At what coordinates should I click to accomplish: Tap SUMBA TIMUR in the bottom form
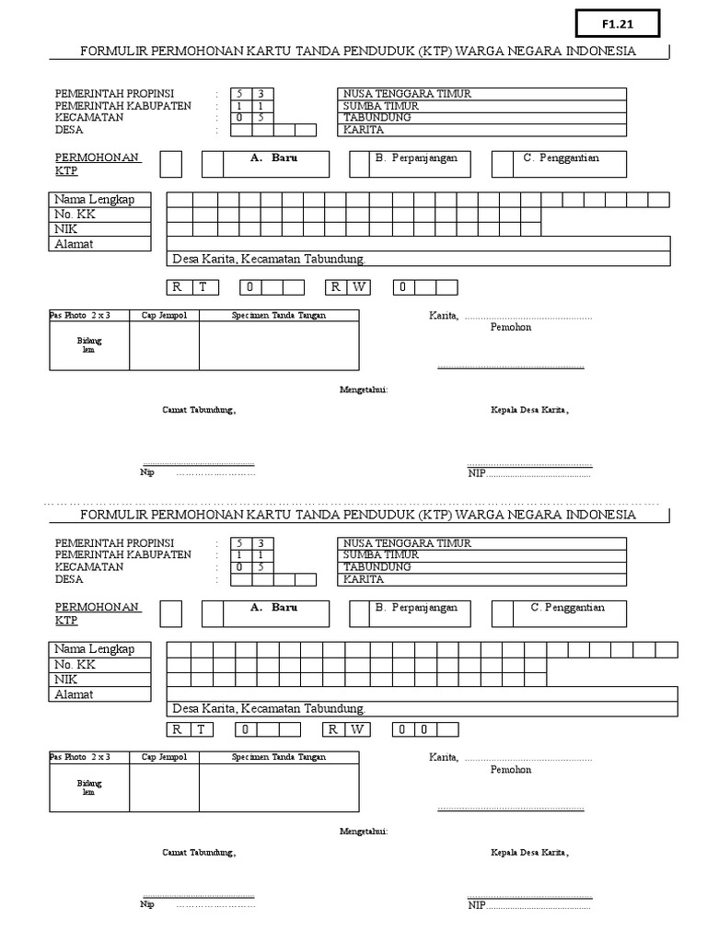click(380, 555)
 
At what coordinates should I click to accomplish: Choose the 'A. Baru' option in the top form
click(273, 158)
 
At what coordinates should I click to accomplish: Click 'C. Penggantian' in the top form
click(561, 158)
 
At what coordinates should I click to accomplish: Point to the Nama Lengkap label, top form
click(94, 199)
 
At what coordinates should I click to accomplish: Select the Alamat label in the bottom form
click(74, 694)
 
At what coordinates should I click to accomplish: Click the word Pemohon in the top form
click(511, 327)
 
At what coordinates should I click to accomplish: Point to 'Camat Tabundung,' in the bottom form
click(199, 853)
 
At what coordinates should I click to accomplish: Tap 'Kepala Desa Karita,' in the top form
click(529, 410)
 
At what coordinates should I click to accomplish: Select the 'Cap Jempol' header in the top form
click(164, 316)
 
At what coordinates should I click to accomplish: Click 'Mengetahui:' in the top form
click(364, 390)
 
